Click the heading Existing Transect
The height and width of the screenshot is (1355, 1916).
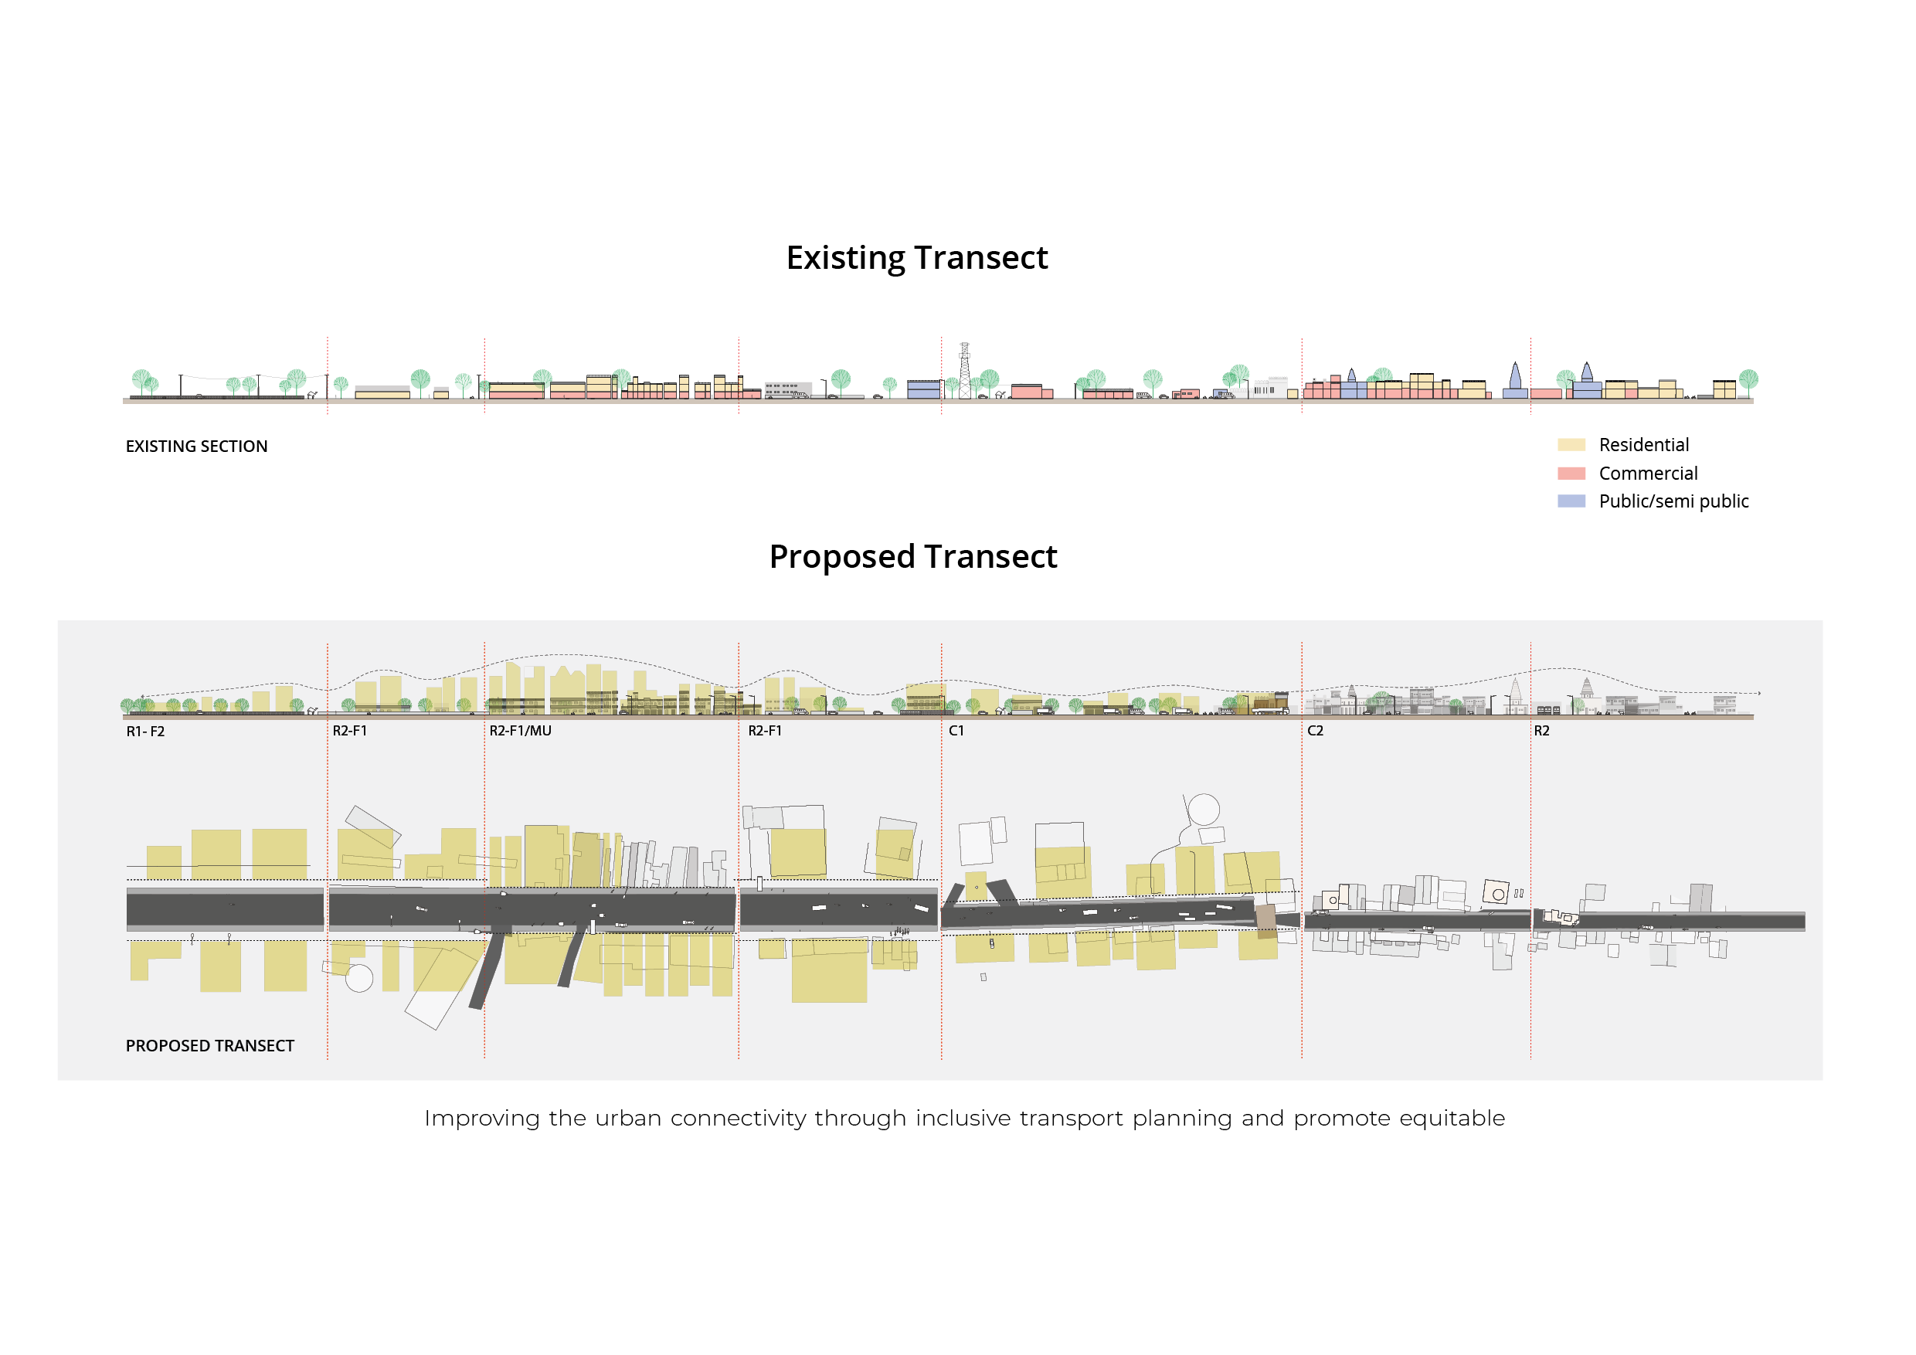(916, 258)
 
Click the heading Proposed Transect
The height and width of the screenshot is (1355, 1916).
(913, 556)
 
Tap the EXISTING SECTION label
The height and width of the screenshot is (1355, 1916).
(196, 447)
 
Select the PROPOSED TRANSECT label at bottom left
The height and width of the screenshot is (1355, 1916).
(209, 1045)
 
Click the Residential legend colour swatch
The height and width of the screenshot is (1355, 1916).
(1571, 445)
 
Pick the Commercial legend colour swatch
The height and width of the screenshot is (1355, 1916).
(1571, 473)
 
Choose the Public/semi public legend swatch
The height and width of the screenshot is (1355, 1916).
(1571, 501)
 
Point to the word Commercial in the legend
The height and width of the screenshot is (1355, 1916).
(1647, 473)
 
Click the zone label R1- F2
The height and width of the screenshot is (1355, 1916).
(145, 732)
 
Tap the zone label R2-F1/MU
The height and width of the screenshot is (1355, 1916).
(520, 731)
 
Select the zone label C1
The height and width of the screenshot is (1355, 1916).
(956, 731)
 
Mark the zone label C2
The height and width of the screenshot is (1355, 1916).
(1315, 731)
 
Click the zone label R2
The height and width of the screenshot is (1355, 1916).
(1541, 731)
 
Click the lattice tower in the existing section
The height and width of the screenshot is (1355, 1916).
(965, 372)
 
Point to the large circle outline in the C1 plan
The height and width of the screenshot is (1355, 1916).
(1204, 810)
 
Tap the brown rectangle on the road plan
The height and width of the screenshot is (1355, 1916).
(1266, 920)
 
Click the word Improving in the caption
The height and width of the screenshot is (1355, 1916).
(481, 1118)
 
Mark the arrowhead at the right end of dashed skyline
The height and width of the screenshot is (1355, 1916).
(1759, 694)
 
